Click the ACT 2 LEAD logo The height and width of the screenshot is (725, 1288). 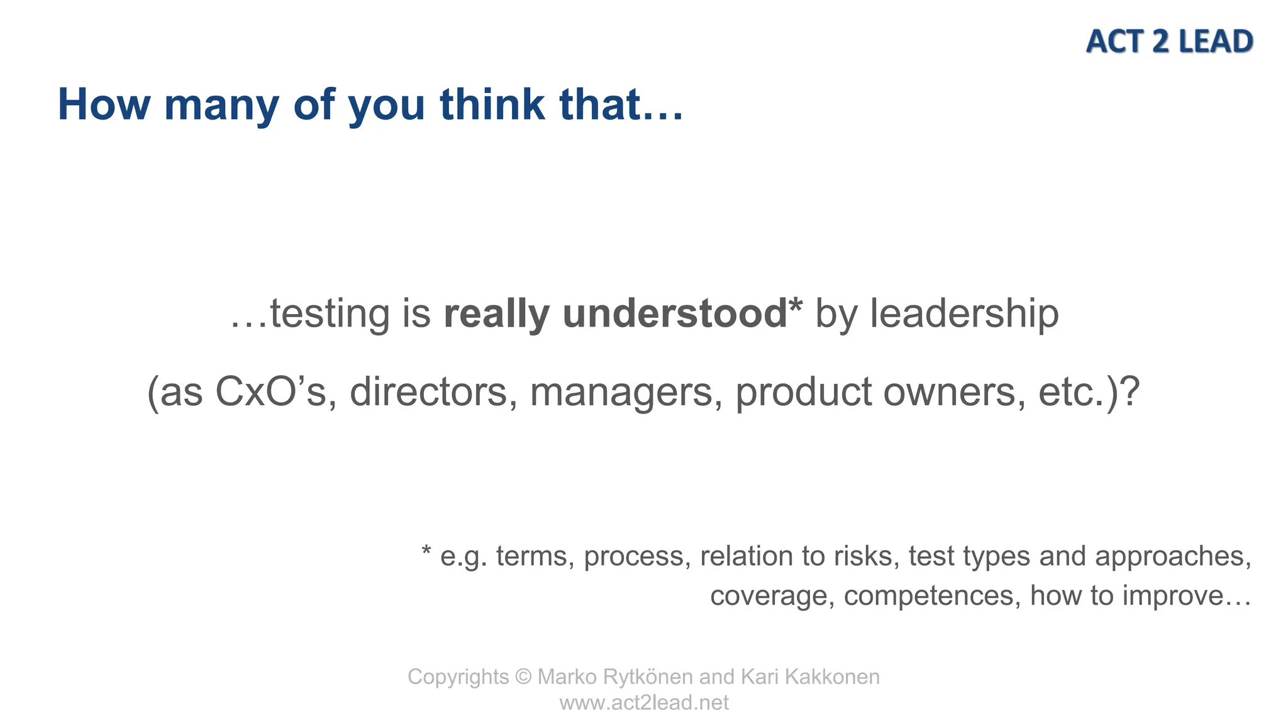click(1169, 42)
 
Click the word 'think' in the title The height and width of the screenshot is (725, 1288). click(492, 104)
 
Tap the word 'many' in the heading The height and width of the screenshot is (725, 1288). click(221, 104)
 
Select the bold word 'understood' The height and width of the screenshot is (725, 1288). click(675, 313)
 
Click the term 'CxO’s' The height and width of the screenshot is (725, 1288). click(271, 392)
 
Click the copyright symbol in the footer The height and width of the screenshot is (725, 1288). click(523, 677)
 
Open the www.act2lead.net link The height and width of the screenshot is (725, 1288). click(644, 702)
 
